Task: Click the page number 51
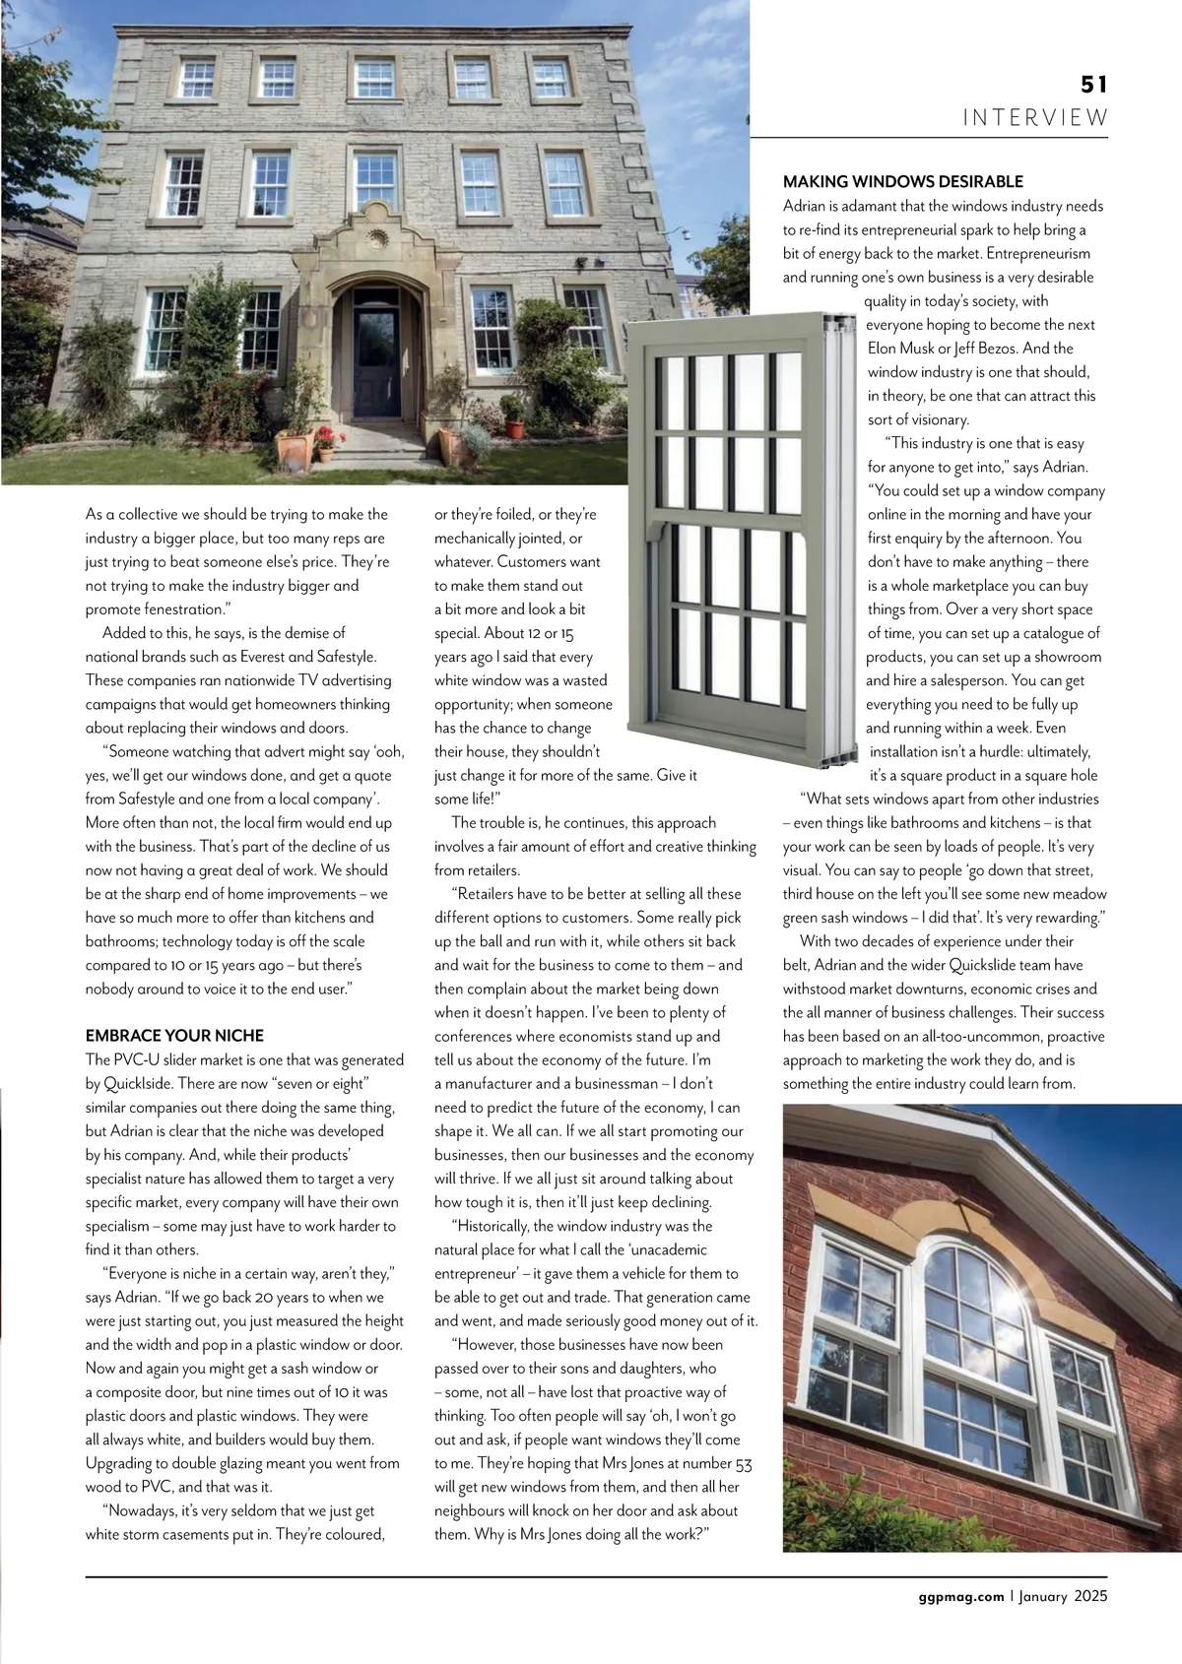point(1093,85)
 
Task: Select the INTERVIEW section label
point(1035,118)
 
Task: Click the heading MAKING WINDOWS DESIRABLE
point(902,181)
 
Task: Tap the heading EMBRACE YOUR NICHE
point(174,1036)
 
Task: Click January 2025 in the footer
point(1063,1596)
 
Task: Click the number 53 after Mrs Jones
point(744,1463)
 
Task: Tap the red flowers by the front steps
point(324,436)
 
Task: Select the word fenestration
point(181,609)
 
